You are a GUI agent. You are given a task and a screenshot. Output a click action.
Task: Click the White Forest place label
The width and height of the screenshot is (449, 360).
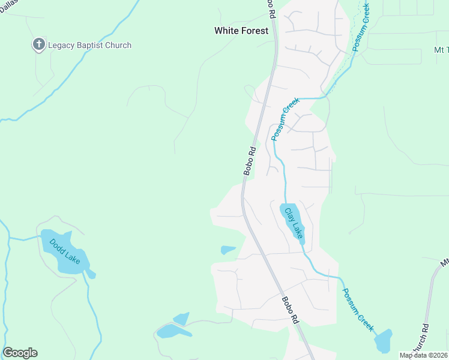pos(241,31)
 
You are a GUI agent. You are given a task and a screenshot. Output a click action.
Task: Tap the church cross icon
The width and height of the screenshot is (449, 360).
pos(39,44)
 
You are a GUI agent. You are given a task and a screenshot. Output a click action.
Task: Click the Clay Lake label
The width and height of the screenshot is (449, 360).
pos(294,223)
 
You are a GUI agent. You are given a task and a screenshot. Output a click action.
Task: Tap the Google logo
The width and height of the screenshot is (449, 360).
pos(20,353)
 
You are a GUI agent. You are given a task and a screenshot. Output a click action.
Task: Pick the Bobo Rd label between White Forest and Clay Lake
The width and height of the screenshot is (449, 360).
pos(250,161)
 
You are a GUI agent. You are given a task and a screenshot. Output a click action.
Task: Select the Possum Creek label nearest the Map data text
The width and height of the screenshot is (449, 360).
pos(358,310)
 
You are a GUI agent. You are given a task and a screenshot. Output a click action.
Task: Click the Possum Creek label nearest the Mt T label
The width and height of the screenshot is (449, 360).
pos(363,27)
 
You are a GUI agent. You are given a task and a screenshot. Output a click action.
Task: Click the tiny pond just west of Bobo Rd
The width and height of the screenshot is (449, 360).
pos(228,250)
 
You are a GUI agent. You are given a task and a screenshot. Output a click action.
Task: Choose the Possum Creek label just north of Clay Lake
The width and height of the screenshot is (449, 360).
pos(285,119)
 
